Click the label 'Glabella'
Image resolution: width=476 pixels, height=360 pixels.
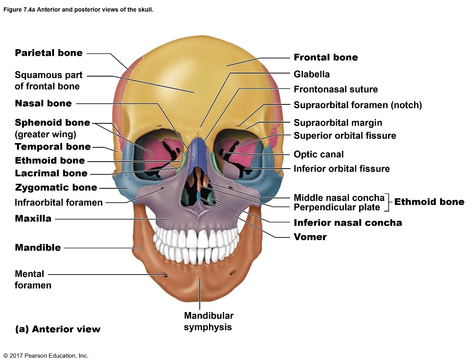(x=311, y=74)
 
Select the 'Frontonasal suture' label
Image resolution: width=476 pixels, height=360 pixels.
(x=335, y=89)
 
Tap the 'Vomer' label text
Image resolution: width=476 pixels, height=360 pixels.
(x=310, y=237)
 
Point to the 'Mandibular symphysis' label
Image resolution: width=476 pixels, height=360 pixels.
(x=208, y=321)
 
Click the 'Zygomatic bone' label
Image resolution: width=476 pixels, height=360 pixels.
(x=56, y=188)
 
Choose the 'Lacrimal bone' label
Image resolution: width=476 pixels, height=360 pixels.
(x=51, y=173)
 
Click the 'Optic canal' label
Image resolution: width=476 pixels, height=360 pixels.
(x=318, y=154)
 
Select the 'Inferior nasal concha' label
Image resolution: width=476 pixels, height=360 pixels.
(x=348, y=223)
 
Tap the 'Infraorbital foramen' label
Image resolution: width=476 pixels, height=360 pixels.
(x=59, y=202)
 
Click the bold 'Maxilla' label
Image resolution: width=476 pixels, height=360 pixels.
(x=33, y=218)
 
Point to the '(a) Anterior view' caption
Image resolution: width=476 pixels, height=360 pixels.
(x=58, y=329)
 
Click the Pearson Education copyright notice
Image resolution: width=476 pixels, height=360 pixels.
(x=46, y=356)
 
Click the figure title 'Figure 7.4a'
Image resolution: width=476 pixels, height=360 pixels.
(x=78, y=10)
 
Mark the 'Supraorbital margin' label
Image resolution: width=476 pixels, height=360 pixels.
(x=338, y=123)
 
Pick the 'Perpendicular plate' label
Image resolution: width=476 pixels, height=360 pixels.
(x=337, y=208)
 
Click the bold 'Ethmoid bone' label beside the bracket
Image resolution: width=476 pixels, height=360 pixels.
(x=429, y=202)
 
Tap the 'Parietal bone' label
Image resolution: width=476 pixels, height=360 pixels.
(x=49, y=53)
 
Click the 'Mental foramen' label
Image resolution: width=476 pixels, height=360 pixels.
(x=32, y=280)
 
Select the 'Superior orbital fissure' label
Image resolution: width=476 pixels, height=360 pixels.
(x=345, y=136)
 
